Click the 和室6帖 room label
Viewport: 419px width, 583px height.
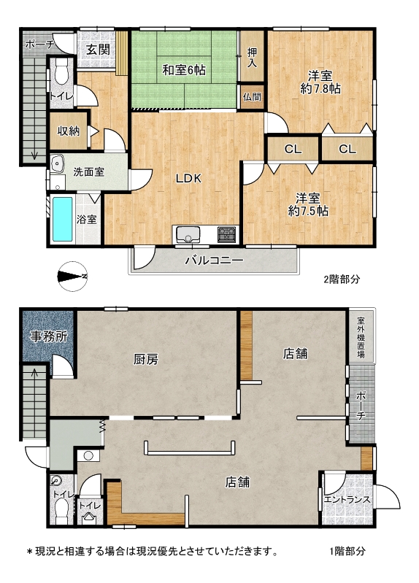tap(184, 69)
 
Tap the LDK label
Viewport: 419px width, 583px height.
tap(188, 179)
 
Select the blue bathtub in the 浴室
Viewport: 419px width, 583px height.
tap(62, 219)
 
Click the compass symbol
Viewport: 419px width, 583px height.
tap(73, 277)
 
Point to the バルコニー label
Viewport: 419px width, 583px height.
tap(215, 260)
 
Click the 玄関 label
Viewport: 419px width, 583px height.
tap(98, 50)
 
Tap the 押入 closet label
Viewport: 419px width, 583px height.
tap(252, 57)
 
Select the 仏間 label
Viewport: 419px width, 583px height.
tap(252, 97)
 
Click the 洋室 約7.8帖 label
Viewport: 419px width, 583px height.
tap(320, 82)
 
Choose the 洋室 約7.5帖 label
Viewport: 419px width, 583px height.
tap(309, 204)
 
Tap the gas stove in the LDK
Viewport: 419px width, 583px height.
tap(226, 234)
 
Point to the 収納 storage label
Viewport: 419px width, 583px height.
tap(69, 131)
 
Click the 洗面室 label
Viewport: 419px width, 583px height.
tap(88, 172)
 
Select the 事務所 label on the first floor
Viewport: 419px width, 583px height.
tap(49, 336)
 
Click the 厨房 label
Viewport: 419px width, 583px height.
tap(146, 359)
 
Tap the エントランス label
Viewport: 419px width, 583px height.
tap(347, 499)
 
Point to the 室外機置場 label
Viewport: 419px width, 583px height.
tap(361, 337)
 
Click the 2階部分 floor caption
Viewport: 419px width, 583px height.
tap(342, 279)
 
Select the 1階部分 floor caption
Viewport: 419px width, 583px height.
tap(347, 551)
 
